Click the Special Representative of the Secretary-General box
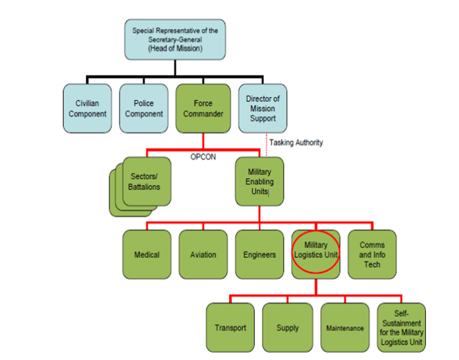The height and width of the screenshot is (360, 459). pos(175,39)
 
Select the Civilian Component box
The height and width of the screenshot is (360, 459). pos(87,108)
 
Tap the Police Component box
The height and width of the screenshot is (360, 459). pos(144,108)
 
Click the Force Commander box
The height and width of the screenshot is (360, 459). pos(203,108)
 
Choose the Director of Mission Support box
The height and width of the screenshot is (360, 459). pos(263,108)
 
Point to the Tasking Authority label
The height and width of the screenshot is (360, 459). pos(296,142)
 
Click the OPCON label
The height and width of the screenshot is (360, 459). pos(203,157)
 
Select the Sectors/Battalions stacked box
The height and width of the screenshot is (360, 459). pos(140,187)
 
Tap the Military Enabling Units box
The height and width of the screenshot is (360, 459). pos(259,182)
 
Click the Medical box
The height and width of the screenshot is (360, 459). pos(147,255)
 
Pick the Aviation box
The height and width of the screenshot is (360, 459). pos(203,255)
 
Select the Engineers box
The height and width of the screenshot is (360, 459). pos(259,255)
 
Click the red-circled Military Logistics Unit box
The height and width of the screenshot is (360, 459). pos(316,255)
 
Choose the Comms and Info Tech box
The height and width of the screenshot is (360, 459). pos(372,255)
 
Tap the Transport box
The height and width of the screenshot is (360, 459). pos(231,328)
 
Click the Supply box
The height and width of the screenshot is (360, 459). pos(288,328)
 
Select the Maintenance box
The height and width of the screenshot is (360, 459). pos(345,328)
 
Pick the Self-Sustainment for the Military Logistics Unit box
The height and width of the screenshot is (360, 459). pos(401,328)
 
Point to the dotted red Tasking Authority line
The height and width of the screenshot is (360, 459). pos(266,145)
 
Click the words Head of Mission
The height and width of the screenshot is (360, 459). pos(175,48)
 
